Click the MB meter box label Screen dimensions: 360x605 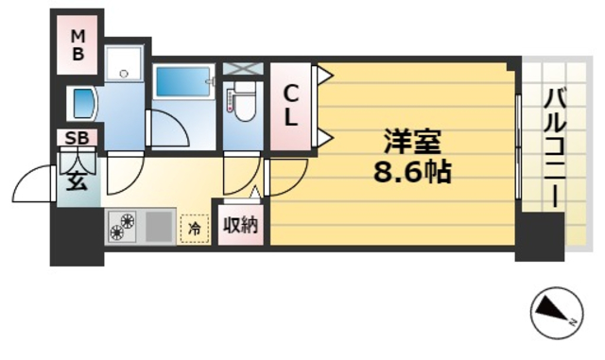coord(79,44)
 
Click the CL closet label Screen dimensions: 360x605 coord(292,107)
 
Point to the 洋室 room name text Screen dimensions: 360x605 coord(412,145)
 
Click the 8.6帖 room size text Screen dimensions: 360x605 coord(412,173)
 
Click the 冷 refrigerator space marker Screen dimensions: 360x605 coord(194,227)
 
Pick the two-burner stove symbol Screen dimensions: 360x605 coord(124,227)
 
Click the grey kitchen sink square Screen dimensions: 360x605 coord(159,227)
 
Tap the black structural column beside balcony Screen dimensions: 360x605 coord(539,237)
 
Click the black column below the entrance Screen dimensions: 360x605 coord(76,235)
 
